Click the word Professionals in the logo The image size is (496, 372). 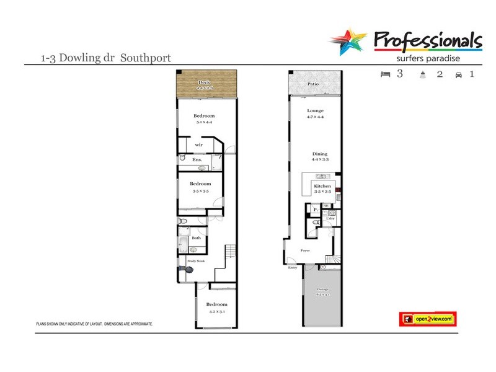click(428, 41)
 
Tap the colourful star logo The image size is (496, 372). click(349, 42)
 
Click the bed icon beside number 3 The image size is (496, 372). click(385, 74)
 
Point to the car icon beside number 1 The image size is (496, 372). click(458, 75)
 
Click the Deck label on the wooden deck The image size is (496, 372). click(204, 82)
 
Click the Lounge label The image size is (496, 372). click(316, 111)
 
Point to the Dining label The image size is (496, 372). click(319, 154)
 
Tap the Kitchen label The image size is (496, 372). click(322, 186)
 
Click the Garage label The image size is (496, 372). click(322, 290)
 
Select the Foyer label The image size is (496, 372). click(305, 250)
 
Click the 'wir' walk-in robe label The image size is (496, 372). click(199, 144)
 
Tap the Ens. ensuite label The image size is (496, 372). click(197, 160)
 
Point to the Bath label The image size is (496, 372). click(196, 238)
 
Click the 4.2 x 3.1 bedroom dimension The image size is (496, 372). click(216, 312)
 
